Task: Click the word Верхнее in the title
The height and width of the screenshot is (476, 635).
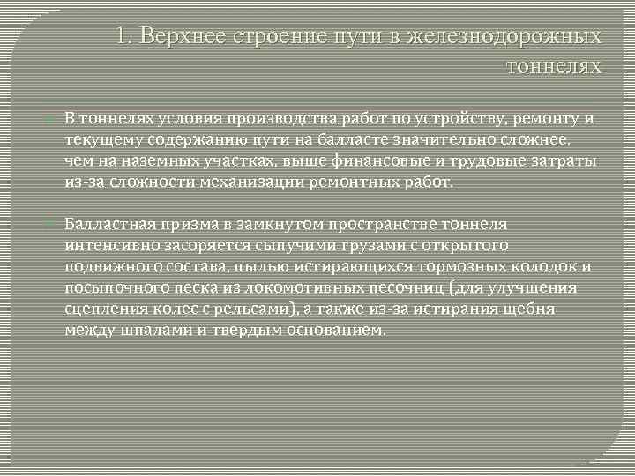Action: click(x=182, y=37)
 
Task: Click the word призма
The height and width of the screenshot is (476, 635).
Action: click(x=179, y=225)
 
